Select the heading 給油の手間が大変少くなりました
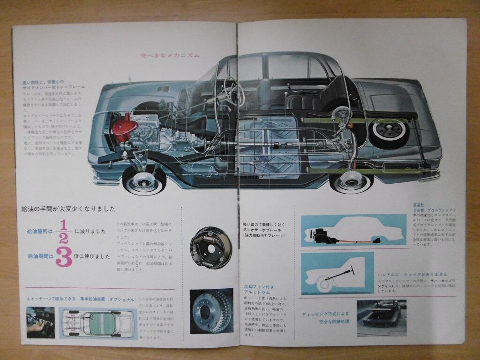68,210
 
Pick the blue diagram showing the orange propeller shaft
353,231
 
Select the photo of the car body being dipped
381,318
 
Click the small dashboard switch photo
40,322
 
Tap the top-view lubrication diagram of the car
97,323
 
